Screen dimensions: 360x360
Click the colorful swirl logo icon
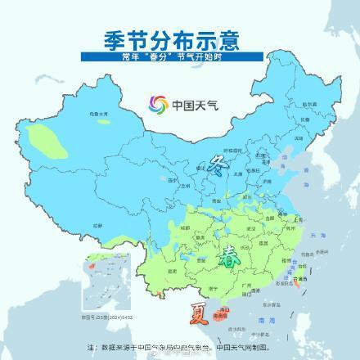pyautogui.click(x=156, y=104)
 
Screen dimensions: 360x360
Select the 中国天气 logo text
pyautogui.click(x=191, y=105)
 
